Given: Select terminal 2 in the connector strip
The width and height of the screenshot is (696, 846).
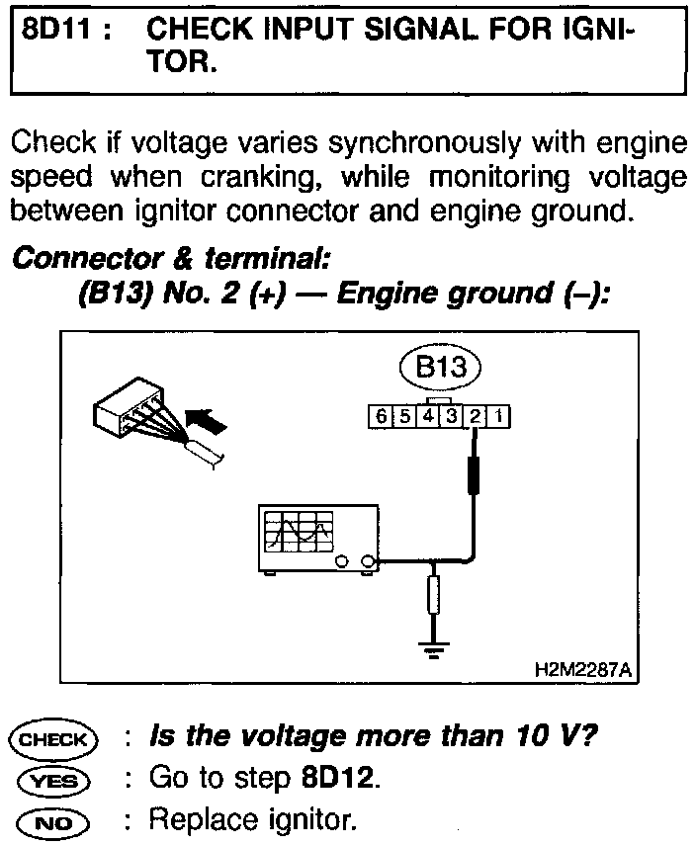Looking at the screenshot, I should coord(476,417).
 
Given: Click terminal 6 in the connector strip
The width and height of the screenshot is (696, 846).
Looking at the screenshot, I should coord(379,417).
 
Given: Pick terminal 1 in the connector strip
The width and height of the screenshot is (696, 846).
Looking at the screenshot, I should coord(499,417).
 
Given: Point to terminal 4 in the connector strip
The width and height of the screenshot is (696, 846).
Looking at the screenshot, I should coord(427,417).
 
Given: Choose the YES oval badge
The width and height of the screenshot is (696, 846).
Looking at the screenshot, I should coord(52,780).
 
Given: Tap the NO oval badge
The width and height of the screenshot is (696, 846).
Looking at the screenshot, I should coord(52,819).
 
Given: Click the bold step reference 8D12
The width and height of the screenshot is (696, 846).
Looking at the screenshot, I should coord(338,779).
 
